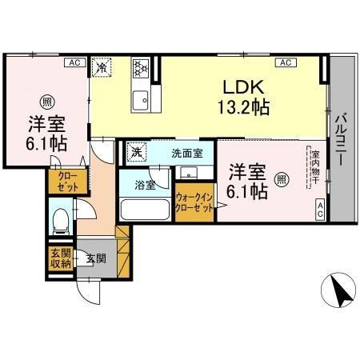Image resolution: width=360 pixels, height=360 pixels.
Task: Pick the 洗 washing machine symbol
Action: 137,151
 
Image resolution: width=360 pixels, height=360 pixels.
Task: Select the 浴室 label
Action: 144,185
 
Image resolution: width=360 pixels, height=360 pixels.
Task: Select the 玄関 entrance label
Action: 95,258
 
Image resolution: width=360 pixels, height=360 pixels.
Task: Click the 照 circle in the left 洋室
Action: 46,101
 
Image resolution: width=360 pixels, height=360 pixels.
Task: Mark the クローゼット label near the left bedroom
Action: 63,182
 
